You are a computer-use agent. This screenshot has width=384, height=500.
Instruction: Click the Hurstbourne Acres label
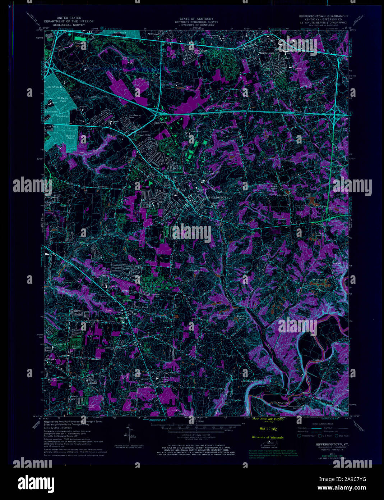135,117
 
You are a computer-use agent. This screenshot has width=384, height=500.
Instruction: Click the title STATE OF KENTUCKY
196,19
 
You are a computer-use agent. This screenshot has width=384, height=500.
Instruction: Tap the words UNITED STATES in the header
69,18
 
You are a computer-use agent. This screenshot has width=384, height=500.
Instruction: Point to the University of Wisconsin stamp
267,437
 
